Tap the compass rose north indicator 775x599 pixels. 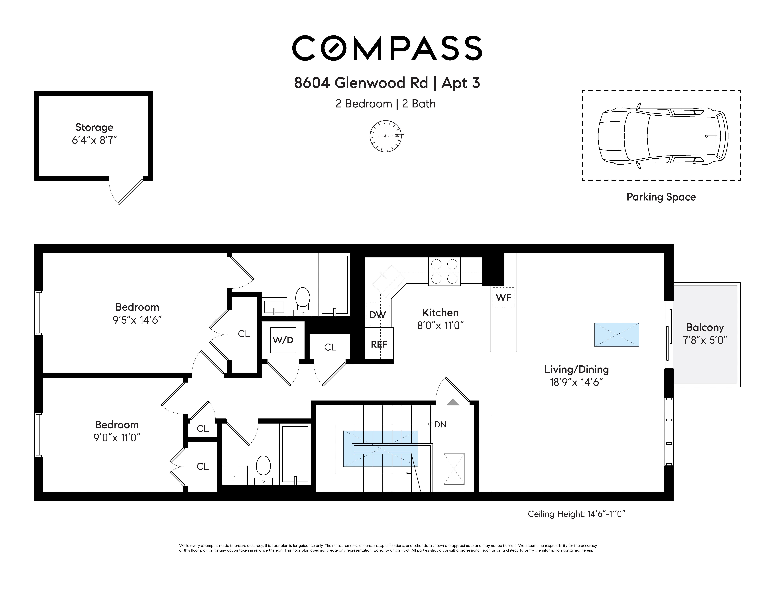click(x=386, y=136)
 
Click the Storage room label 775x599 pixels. click(x=94, y=127)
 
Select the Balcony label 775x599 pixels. click(x=705, y=327)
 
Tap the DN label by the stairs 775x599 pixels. click(x=440, y=424)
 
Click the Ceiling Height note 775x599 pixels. click(x=576, y=514)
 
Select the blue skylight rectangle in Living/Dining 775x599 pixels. click(x=617, y=335)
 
